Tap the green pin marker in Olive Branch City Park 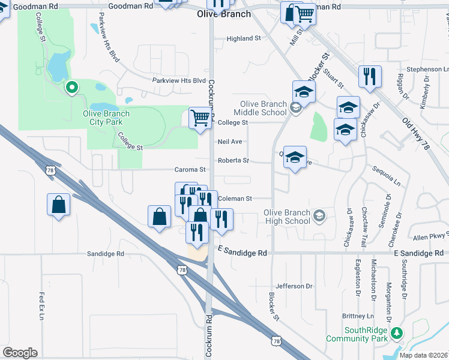pos(72,88)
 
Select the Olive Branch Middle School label pos(264,108)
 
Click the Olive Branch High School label pos(288,217)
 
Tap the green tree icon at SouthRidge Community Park pos(396,332)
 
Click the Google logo pos(20,352)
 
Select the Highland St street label pos(244,38)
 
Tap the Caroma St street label pos(190,170)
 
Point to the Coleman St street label pos(235,199)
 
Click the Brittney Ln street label pos(358,316)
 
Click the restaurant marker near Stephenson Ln pos(369,76)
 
